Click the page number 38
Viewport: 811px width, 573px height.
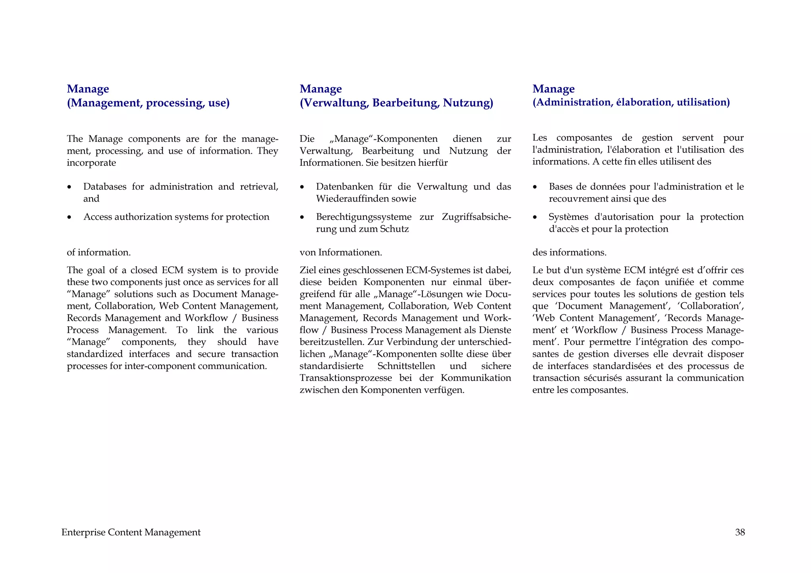click(740, 532)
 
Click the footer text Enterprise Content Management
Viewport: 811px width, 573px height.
click(131, 532)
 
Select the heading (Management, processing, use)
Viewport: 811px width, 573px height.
click(148, 103)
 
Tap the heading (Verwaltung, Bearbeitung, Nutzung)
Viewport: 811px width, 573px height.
click(396, 103)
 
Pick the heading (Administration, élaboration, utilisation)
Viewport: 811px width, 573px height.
click(631, 102)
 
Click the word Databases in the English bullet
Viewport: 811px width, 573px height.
click(105, 187)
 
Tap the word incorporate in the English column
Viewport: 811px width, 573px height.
click(91, 163)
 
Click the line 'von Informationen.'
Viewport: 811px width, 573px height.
click(341, 252)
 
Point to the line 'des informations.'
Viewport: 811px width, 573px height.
click(569, 252)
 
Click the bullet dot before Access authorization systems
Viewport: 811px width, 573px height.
click(69, 217)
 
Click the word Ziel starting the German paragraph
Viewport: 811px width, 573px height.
click(308, 270)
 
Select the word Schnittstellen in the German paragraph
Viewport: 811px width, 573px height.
click(406, 366)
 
